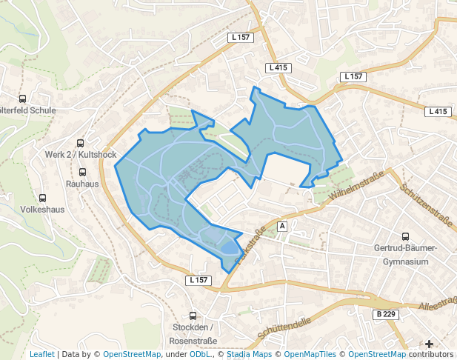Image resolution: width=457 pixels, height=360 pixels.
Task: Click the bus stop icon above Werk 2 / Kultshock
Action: pyautogui.click(x=81, y=143)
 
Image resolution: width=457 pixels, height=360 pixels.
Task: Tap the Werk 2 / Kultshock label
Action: pyautogui.click(x=81, y=155)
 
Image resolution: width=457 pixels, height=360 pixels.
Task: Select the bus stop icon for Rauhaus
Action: pyautogui.click(x=81, y=171)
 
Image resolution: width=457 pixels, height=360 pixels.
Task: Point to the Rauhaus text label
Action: pyautogui.click(x=82, y=183)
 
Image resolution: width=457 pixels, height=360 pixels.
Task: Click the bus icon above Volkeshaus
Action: pyautogui.click(x=43, y=198)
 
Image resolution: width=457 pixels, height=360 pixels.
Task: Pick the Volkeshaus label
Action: pyautogui.click(x=43, y=210)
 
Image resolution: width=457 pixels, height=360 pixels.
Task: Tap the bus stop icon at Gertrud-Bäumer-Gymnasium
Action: pyautogui.click(x=405, y=236)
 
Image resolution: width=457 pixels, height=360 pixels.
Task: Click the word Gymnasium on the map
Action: pyautogui.click(x=406, y=262)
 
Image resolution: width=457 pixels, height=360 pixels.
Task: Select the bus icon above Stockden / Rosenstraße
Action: pyautogui.click(x=193, y=316)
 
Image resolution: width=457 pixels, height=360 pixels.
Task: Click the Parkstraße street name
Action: pyautogui.click(x=250, y=247)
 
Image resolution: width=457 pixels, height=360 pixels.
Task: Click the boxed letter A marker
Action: pyautogui.click(x=282, y=225)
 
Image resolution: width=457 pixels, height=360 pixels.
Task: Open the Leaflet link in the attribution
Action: pyautogui.click(x=41, y=354)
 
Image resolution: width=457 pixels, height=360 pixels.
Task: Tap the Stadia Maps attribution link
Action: pyautogui.click(x=248, y=354)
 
